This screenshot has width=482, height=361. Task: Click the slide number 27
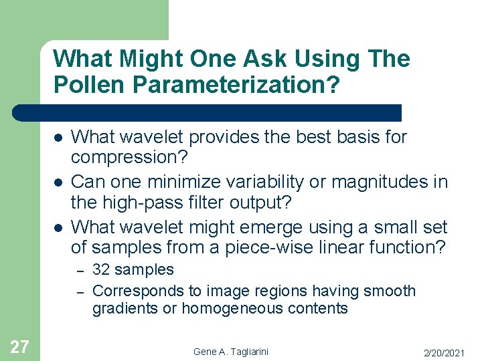19,346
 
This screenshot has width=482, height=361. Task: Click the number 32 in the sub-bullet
100,270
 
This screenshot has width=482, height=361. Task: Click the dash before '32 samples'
79,271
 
